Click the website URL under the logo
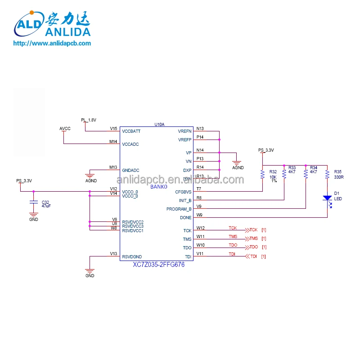[52, 44]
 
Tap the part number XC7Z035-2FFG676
[158, 265]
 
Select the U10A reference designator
[159, 124]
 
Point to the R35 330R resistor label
[338, 175]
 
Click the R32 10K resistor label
[273, 175]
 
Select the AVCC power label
[65, 129]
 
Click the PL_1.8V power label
[89, 120]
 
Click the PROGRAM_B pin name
[179, 209]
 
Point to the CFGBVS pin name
[183, 192]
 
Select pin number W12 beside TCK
[200, 228]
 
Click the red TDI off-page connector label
[253, 256]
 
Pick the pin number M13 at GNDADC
[113, 167]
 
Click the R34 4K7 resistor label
[314, 170]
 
